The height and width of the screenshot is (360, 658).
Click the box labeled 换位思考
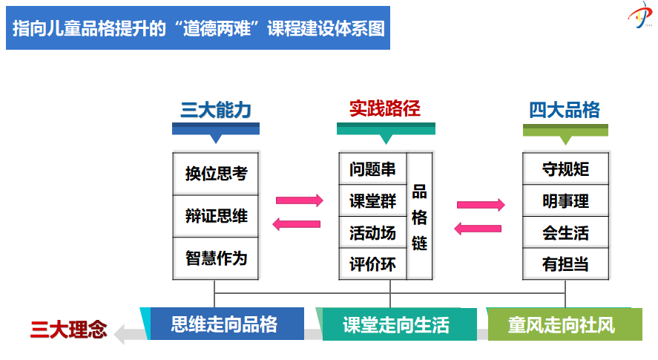click(216, 174)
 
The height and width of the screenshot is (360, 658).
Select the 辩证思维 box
click(216, 216)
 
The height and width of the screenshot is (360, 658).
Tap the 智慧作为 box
click(216, 258)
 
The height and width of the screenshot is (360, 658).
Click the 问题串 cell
click(372, 169)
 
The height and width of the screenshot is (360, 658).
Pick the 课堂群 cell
click(372, 201)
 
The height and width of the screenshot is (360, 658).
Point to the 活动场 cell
click(372, 232)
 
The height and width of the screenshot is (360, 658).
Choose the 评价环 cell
click(372, 264)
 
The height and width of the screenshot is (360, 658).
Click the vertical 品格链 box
click(419, 216)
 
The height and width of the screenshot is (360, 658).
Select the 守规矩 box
click(565, 169)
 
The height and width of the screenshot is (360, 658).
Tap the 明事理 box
click(565, 201)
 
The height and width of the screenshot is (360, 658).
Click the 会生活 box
click(565, 232)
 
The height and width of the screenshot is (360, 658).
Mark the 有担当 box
click(565, 264)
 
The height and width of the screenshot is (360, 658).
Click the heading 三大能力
click(216, 110)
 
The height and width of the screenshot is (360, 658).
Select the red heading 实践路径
click(385, 109)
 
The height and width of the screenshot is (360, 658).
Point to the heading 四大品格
click(565, 110)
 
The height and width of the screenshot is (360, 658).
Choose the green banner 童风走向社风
click(565, 324)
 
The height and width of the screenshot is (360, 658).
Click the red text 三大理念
click(68, 330)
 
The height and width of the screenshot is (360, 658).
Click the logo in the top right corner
click(640, 15)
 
